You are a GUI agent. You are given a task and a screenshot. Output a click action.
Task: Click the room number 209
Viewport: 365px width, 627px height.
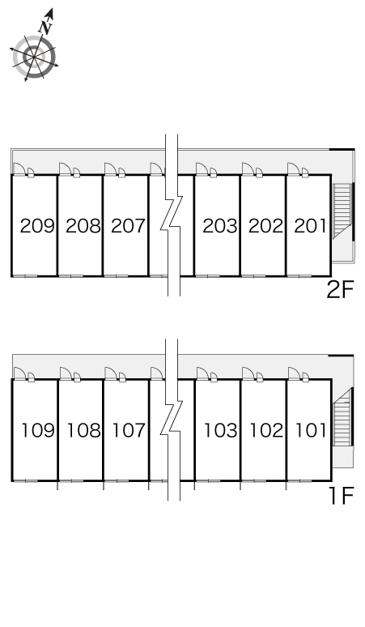coord(37,226)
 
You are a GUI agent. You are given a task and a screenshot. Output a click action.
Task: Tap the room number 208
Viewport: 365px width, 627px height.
coord(83,226)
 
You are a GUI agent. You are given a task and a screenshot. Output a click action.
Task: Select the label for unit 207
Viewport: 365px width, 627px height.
coord(128,226)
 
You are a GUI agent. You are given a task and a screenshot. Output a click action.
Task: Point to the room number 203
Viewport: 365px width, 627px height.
coord(220,226)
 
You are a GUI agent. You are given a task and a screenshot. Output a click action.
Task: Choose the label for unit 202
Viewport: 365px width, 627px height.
coord(265,226)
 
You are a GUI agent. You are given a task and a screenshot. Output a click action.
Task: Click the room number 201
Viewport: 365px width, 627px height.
coord(310,226)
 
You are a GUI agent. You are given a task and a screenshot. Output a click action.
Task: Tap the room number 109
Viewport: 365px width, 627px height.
coord(38,431)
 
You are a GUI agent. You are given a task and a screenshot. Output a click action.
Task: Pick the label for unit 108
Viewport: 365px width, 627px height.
coord(83,431)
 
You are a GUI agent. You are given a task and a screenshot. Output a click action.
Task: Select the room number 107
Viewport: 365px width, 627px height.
coord(129,431)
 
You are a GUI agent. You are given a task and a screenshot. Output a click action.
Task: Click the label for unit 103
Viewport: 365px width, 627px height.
coord(221,431)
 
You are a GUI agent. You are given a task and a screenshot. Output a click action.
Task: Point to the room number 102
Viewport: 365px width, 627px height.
coord(266,431)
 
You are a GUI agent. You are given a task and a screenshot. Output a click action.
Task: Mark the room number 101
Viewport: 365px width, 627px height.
coord(311,431)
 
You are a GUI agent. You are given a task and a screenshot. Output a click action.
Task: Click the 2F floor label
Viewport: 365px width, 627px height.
coord(340,290)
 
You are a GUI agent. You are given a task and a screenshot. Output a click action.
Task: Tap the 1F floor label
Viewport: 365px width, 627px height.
coord(342,496)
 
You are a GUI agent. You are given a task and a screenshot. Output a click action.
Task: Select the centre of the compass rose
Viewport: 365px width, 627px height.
coord(34,58)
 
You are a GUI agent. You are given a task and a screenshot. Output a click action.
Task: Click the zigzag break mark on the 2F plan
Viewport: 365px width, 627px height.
coord(172,215)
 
